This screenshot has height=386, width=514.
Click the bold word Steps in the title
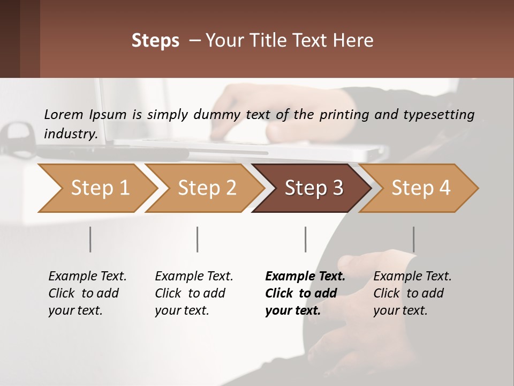[155, 41]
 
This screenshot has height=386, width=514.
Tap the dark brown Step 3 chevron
[313, 188]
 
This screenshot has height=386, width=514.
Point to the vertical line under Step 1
[90, 239]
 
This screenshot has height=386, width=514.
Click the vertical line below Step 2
[198, 239]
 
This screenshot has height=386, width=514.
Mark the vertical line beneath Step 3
[306, 239]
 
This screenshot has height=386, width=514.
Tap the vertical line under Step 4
[414, 239]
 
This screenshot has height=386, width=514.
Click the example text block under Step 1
[87, 293]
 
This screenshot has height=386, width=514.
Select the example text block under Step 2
[194, 293]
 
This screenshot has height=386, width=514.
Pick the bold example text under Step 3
[305, 293]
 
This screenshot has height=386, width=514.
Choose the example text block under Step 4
[412, 293]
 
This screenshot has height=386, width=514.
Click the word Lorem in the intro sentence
[64, 114]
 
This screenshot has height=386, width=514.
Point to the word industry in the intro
[70, 133]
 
